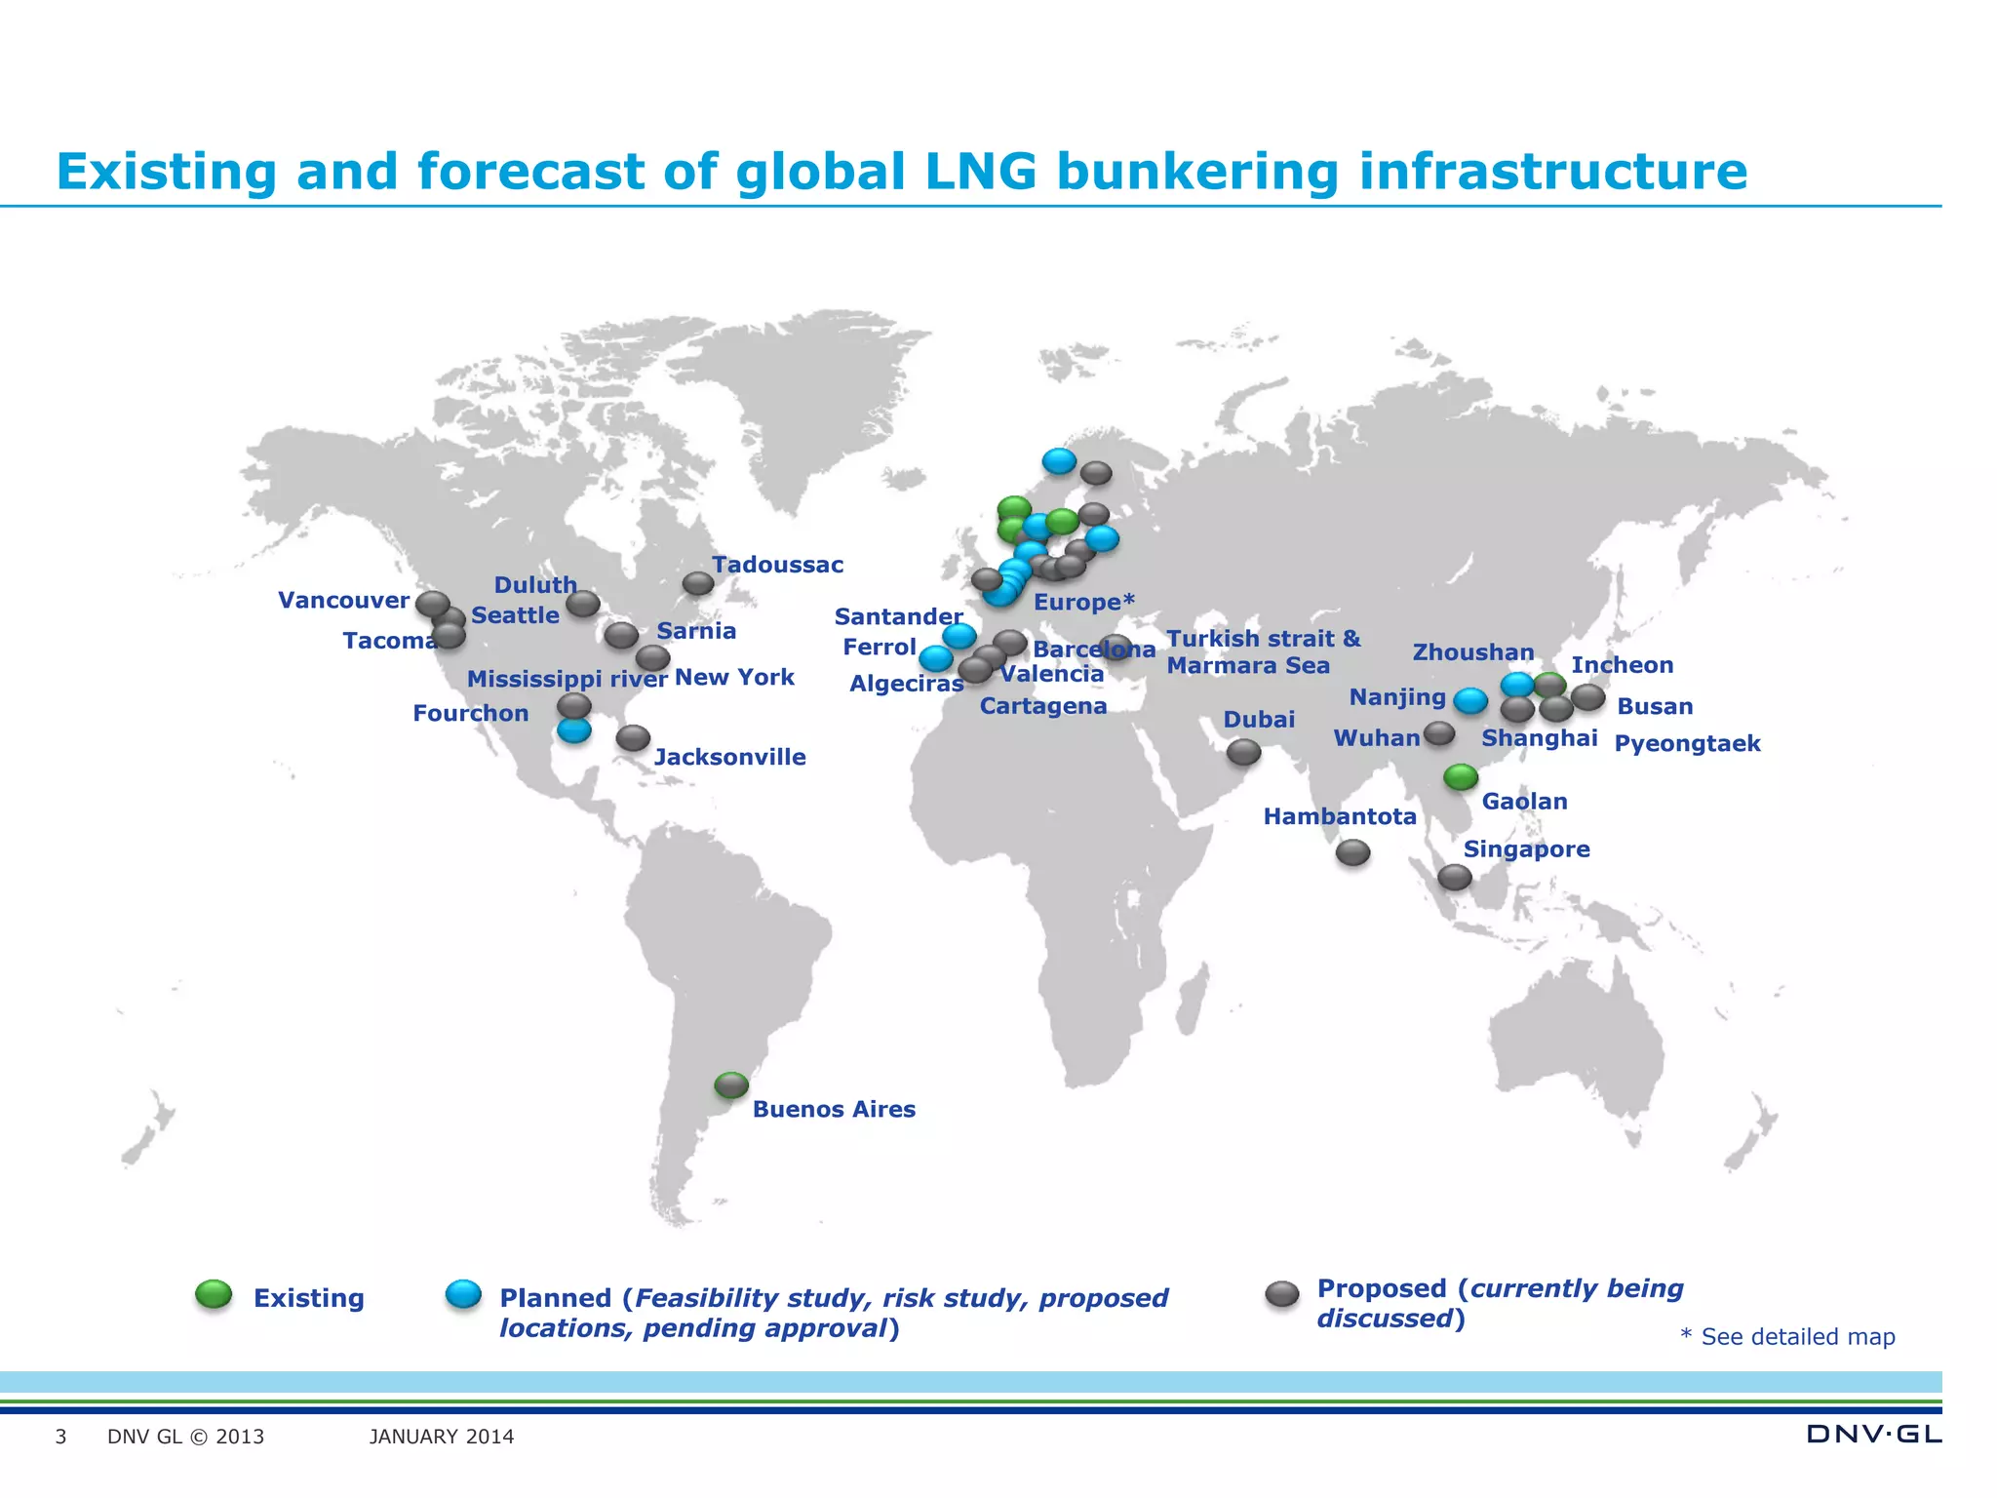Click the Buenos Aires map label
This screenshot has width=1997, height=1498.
coord(834,1109)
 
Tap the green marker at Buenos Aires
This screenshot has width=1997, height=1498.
coord(731,1084)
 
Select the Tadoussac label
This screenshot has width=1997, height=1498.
coord(777,565)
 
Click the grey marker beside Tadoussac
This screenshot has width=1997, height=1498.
coord(698,583)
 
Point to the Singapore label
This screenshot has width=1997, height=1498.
coord(1526,849)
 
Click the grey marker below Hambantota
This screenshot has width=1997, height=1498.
coord(1352,852)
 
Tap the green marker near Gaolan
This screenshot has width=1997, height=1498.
coord(1461,776)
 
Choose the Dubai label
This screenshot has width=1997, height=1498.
coord(1259,720)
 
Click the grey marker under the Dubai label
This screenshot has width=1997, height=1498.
coord(1243,752)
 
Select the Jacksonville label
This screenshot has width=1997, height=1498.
coord(729,757)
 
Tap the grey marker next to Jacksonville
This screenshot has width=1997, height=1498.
coord(633,737)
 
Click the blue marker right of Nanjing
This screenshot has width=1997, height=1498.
coord(1470,700)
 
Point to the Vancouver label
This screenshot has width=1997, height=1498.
coord(343,600)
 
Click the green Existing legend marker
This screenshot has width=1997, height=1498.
coord(214,1294)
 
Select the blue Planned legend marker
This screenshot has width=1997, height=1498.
coord(463,1294)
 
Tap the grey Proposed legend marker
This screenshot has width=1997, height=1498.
coord(1282,1294)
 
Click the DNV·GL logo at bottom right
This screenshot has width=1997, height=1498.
coord(1873,1434)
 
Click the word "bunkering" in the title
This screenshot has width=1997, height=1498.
coord(1198,173)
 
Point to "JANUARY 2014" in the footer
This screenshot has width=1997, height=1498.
coord(442,1437)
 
